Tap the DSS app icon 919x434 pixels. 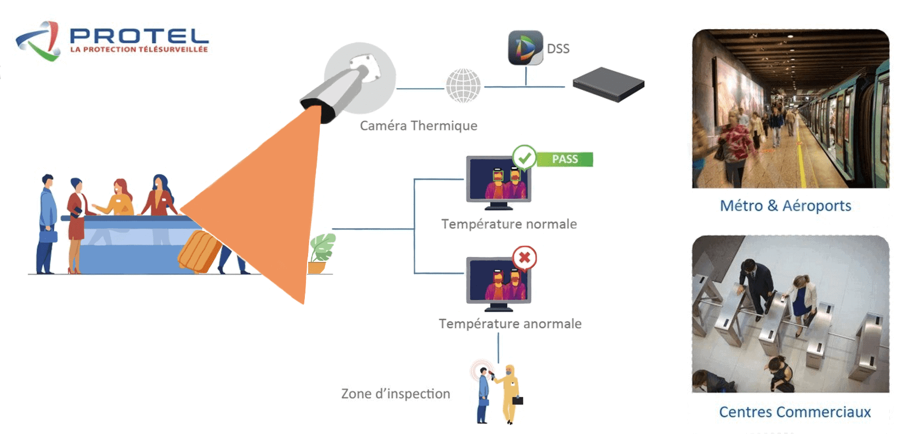click(525, 48)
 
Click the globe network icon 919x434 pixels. click(463, 86)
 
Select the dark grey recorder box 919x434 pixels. click(608, 84)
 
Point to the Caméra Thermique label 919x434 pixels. click(418, 126)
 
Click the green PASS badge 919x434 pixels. click(565, 159)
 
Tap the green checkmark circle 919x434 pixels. click(524, 157)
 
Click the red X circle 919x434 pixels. click(524, 258)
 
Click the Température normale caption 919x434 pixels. click(509, 224)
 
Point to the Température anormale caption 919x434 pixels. click(510, 324)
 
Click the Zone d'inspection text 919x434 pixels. click(395, 394)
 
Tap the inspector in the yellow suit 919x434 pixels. click(510, 393)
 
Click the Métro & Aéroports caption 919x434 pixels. click(785, 206)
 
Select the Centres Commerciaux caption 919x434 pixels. click(794, 412)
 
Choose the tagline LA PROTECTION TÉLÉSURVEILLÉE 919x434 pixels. click(139, 50)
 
